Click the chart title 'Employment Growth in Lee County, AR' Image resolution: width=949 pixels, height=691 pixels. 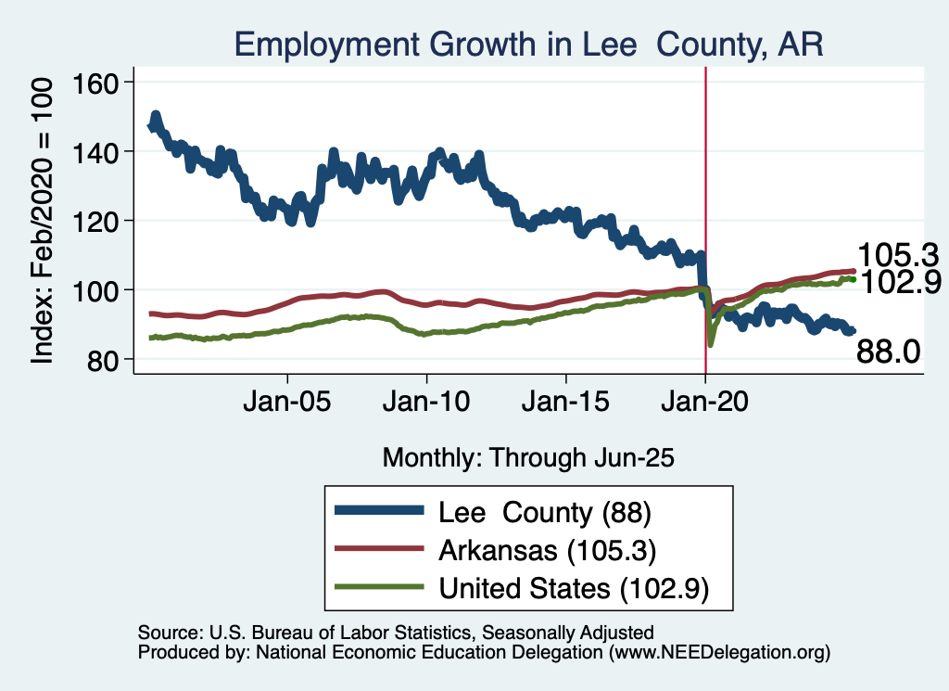coord(528,44)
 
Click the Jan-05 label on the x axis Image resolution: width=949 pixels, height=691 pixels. coord(287,404)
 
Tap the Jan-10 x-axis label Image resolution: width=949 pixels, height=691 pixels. coord(426,404)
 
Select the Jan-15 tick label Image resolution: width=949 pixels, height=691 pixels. coord(566,404)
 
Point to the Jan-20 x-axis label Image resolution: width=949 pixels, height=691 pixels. coord(705,404)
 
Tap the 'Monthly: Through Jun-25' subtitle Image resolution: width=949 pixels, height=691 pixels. coord(527,457)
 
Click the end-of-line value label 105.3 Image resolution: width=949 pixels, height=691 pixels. coord(898,255)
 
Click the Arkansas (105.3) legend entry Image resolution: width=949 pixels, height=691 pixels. coord(548,550)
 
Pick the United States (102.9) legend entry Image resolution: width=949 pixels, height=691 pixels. coord(574,588)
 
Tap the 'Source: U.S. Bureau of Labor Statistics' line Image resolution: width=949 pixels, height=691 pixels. coord(396,633)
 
